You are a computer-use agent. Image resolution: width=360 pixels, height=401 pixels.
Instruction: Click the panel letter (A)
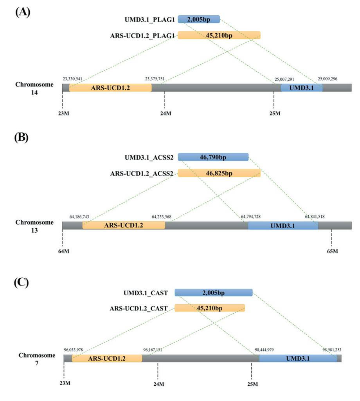click(x=23, y=12)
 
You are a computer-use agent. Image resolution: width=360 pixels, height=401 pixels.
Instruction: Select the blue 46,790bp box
click(x=213, y=157)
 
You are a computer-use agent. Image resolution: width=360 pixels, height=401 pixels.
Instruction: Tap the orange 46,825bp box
click(x=219, y=173)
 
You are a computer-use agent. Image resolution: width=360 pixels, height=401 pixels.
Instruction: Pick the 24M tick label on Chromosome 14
click(x=166, y=113)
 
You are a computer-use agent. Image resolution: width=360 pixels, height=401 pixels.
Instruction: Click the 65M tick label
click(x=332, y=251)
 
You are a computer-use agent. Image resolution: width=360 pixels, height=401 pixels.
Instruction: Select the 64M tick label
click(x=64, y=251)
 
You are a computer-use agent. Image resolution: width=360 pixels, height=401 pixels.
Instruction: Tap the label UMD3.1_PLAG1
click(x=150, y=20)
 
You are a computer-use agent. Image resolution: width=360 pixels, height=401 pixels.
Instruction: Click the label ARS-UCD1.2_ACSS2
click(x=142, y=173)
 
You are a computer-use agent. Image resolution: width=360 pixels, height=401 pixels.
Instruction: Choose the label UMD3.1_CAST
click(x=146, y=293)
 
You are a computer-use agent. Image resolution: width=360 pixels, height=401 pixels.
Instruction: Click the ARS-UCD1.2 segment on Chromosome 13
click(x=124, y=225)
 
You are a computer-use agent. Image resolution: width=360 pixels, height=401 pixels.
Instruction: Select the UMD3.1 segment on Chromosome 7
click(x=298, y=358)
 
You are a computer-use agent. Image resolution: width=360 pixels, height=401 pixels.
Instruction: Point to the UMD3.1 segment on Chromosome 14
click(x=302, y=88)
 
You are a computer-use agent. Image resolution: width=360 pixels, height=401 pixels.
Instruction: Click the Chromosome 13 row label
click(x=34, y=226)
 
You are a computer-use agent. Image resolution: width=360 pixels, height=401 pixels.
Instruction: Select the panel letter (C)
click(x=22, y=283)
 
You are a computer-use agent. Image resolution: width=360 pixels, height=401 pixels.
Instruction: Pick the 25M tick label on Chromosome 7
click(x=252, y=384)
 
